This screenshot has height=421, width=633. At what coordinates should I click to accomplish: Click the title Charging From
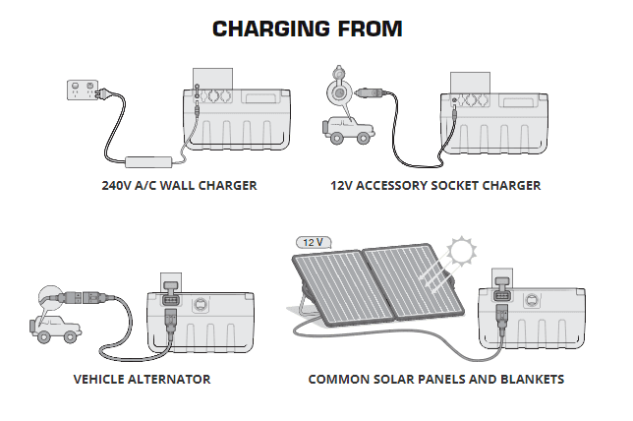[x=307, y=29]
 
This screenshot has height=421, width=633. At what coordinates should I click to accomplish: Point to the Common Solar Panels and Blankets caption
[x=435, y=378]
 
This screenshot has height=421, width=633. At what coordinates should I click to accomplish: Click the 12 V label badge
[x=315, y=242]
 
